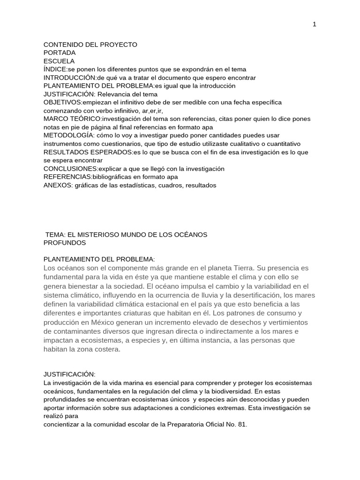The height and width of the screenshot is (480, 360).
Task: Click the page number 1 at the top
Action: click(x=315, y=25)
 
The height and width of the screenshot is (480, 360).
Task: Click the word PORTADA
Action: click(x=59, y=52)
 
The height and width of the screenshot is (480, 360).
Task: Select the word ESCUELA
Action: click(x=59, y=61)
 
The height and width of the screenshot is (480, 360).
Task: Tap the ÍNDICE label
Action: click(x=55, y=69)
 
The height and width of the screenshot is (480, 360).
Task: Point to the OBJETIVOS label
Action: click(x=62, y=102)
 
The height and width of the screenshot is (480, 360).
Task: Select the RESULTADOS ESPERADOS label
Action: click(x=88, y=152)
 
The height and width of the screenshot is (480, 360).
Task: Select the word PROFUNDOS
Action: click(x=65, y=243)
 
